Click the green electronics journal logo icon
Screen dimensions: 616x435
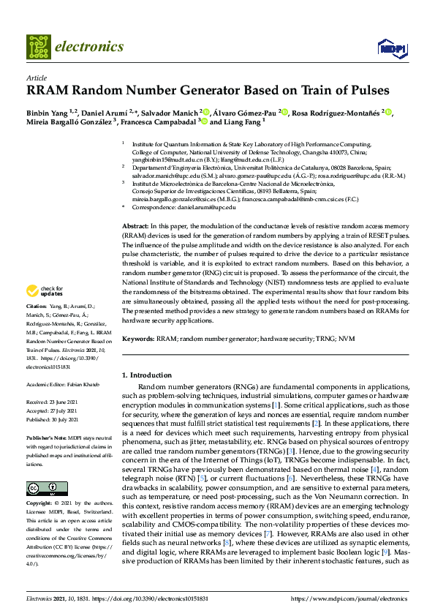[x=39, y=47]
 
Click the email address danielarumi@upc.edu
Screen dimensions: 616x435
[x=202, y=207]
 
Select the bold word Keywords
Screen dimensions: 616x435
[x=137, y=339]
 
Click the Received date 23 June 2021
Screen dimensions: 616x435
[x=57, y=402]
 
